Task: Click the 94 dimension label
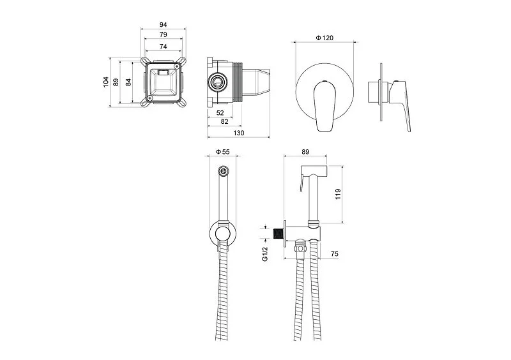[x=164, y=24]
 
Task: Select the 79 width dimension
[x=164, y=34]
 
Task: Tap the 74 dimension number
[x=164, y=47]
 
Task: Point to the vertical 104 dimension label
[x=106, y=82]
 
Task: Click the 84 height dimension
[x=129, y=82]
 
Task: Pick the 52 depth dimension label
[x=220, y=113]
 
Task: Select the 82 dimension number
[x=225, y=121]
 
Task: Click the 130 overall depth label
[x=239, y=133]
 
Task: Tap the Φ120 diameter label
[x=324, y=38]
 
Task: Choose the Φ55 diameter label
[x=223, y=152]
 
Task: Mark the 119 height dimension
[x=338, y=194]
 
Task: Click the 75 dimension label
[x=335, y=254]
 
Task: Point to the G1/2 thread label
[x=265, y=254]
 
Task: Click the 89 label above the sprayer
[x=305, y=152]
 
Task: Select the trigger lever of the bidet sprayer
[x=302, y=183]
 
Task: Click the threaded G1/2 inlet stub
[x=278, y=234]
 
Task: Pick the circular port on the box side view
[x=218, y=82]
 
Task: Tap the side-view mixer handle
[x=402, y=104]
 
